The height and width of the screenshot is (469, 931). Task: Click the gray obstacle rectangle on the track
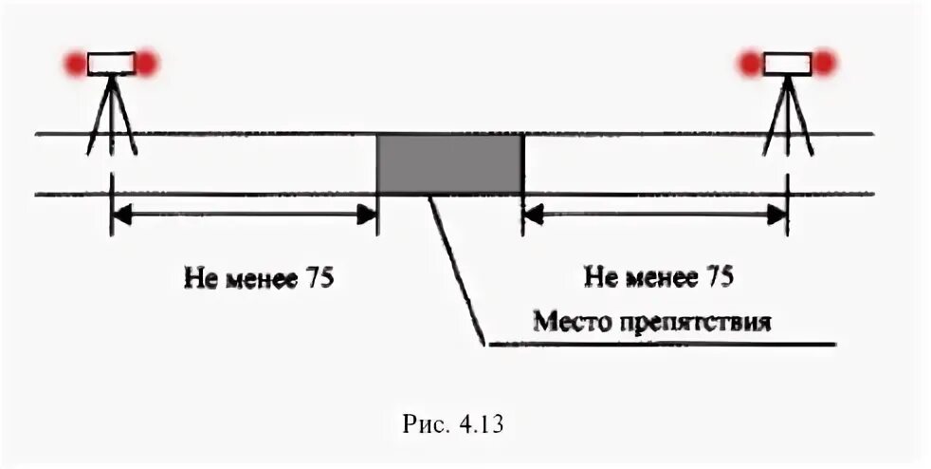point(449,164)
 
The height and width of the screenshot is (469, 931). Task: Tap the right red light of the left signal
point(147,64)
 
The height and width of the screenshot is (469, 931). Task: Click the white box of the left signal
point(112,64)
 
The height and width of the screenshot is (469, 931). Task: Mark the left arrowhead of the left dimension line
point(120,216)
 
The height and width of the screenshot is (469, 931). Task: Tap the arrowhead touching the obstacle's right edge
point(531,216)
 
